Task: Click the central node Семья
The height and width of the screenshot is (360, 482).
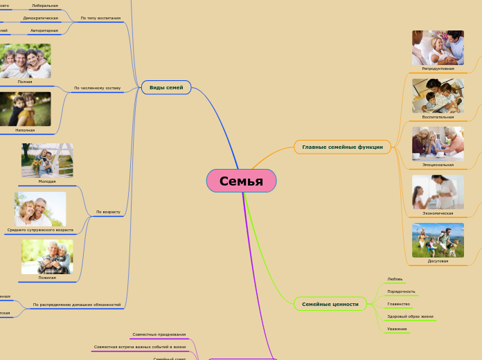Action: (x=241, y=181)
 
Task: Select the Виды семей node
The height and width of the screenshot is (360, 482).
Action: (x=166, y=88)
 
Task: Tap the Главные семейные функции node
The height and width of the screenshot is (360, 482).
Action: (x=342, y=147)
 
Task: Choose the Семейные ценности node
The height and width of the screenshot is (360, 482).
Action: (x=330, y=304)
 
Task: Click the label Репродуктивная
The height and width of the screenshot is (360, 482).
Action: (x=438, y=69)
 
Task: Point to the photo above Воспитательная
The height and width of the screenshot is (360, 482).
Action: (x=438, y=96)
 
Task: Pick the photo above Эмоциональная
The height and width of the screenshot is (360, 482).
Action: (x=438, y=143)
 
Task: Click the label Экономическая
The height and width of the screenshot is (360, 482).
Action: (x=438, y=213)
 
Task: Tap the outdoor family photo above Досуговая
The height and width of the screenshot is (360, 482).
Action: (x=438, y=240)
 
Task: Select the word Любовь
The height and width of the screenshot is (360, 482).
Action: (x=395, y=279)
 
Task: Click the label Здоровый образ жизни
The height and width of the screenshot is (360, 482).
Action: (x=410, y=316)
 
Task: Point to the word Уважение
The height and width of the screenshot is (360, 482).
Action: (x=397, y=329)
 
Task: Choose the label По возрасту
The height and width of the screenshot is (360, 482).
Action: (x=108, y=211)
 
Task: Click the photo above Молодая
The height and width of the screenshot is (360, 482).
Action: (x=47, y=160)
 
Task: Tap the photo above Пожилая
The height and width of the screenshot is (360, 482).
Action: (x=47, y=256)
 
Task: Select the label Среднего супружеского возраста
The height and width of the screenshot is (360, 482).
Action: (x=40, y=230)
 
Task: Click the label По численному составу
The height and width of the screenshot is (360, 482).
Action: (x=97, y=88)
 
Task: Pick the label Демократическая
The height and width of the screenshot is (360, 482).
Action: (x=40, y=18)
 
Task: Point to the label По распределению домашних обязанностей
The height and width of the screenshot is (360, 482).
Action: (x=77, y=305)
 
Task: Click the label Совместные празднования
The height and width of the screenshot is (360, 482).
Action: (x=159, y=334)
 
